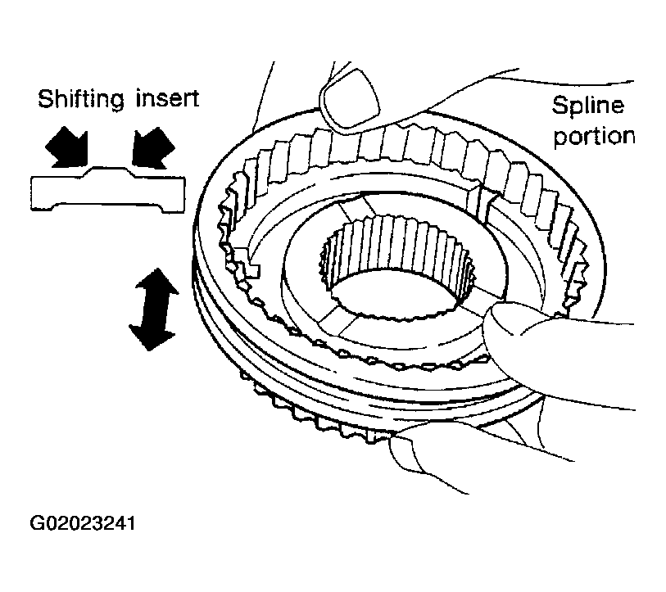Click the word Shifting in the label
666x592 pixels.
(x=81, y=100)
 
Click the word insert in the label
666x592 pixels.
(x=167, y=98)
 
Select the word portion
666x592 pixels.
(x=594, y=137)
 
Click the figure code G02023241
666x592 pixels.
(x=83, y=523)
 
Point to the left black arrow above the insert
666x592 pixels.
(x=68, y=147)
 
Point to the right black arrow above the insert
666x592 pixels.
(x=152, y=147)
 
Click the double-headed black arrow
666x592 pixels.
(x=153, y=310)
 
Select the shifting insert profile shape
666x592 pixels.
(x=108, y=189)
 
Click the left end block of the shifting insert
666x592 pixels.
(x=43, y=194)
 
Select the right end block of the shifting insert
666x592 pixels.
(x=174, y=194)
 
